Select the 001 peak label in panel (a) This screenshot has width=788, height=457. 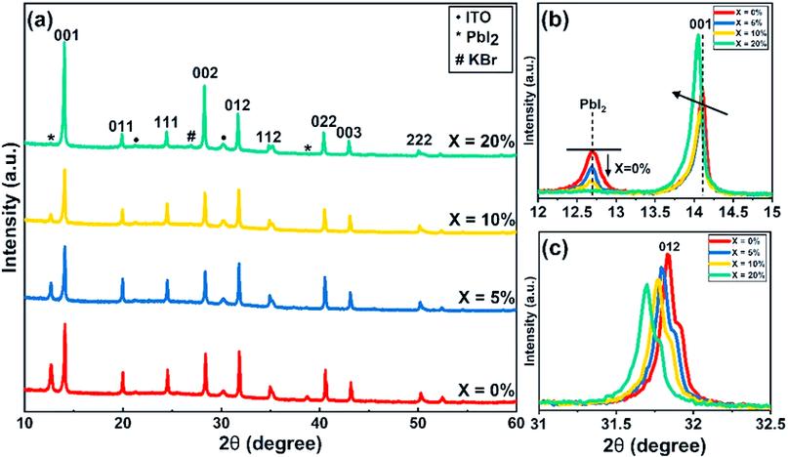66,36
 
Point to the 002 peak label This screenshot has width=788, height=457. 205,71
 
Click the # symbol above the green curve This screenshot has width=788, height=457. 192,135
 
